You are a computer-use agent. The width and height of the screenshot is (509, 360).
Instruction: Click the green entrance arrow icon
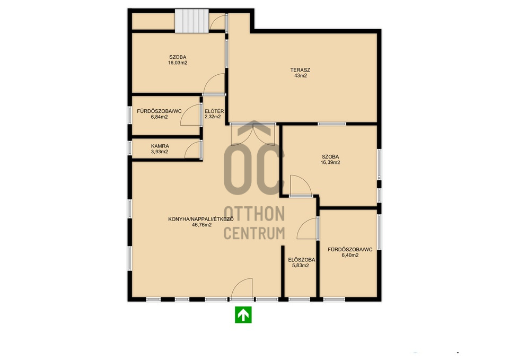tap(243, 314)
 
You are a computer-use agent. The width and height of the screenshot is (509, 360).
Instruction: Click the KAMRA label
tap(160, 146)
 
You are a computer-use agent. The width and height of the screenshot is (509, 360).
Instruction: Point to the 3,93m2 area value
tap(160, 152)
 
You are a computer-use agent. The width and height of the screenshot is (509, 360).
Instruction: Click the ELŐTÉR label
tap(214, 111)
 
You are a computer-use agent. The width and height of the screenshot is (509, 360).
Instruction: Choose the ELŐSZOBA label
tap(302, 260)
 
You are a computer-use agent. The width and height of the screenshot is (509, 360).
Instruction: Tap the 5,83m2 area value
tap(301, 266)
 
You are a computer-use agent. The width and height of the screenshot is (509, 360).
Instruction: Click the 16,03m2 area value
tap(178, 63)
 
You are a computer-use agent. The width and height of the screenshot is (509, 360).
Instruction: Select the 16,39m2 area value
tap(330, 163)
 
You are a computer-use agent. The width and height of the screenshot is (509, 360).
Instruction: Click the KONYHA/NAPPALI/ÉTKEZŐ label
tap(201, 219)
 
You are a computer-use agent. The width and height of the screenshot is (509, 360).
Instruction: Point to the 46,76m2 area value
tap(201, 225)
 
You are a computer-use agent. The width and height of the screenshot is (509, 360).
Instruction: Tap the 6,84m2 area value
tap(159, 117)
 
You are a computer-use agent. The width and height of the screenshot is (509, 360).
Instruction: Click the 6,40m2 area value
tap(350, 255)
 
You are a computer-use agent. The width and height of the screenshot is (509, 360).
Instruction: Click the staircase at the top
tap(191, 21)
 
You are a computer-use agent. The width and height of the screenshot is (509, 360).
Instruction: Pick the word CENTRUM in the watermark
tap(254, 233)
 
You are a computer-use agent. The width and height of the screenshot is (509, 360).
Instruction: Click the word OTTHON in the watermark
tap(254, 214)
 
